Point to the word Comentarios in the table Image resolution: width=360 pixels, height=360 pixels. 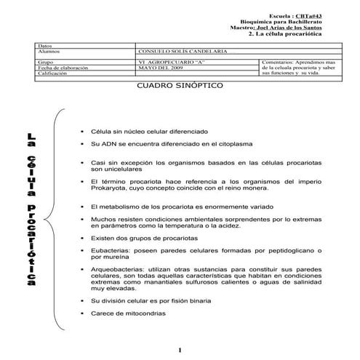pyautogui.click(x=277, y=63)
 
